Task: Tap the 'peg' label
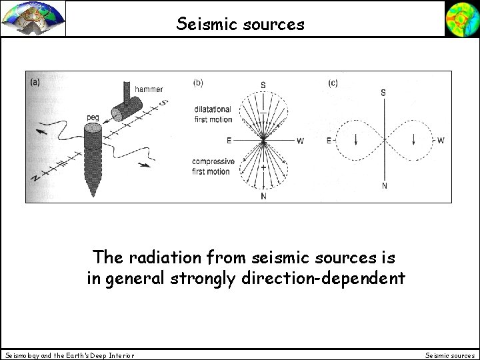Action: (93, 118)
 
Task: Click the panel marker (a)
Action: (35, 83)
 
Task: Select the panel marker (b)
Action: (198, 83)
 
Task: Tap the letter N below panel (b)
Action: (263, 196)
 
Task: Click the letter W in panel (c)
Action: (441, 140)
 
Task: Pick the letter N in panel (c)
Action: (384, 185)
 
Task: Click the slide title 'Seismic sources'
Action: (241, 25)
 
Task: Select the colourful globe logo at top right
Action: (461, 19)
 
